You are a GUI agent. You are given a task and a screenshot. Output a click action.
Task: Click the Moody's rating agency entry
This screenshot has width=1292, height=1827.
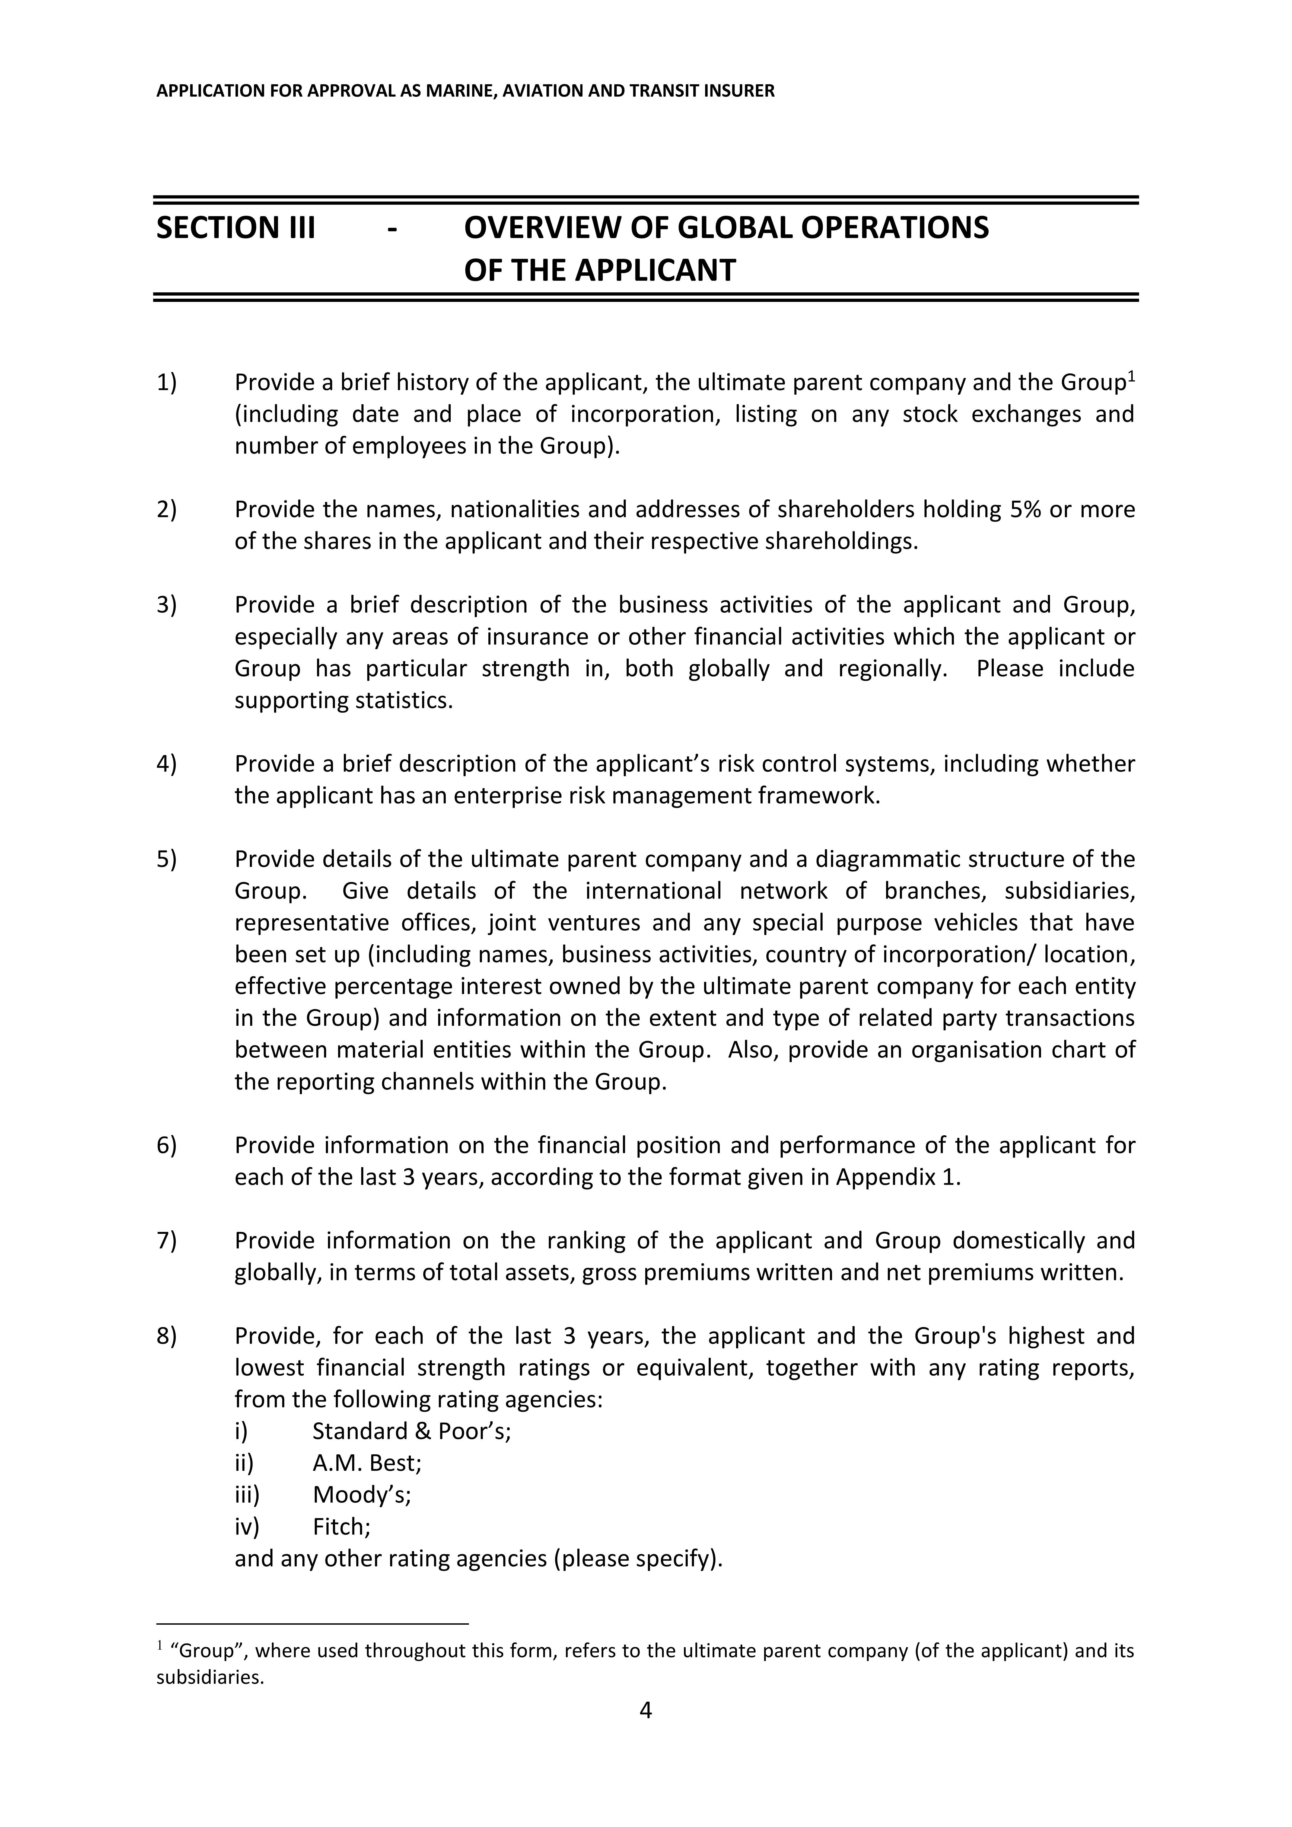(x=361, y=1495)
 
